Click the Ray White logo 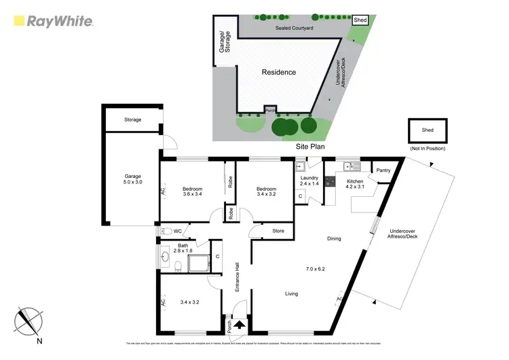pos(53,21)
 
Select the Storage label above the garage pos(132,120)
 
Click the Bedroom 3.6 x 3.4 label pos(193,192)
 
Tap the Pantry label pos(383,170)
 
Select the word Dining pos(333,238)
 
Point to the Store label pos(278,232)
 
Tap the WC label pos(177,231)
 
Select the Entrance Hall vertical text pos(238,277)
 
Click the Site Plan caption pos(310,146)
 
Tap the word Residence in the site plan pos(278,71)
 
